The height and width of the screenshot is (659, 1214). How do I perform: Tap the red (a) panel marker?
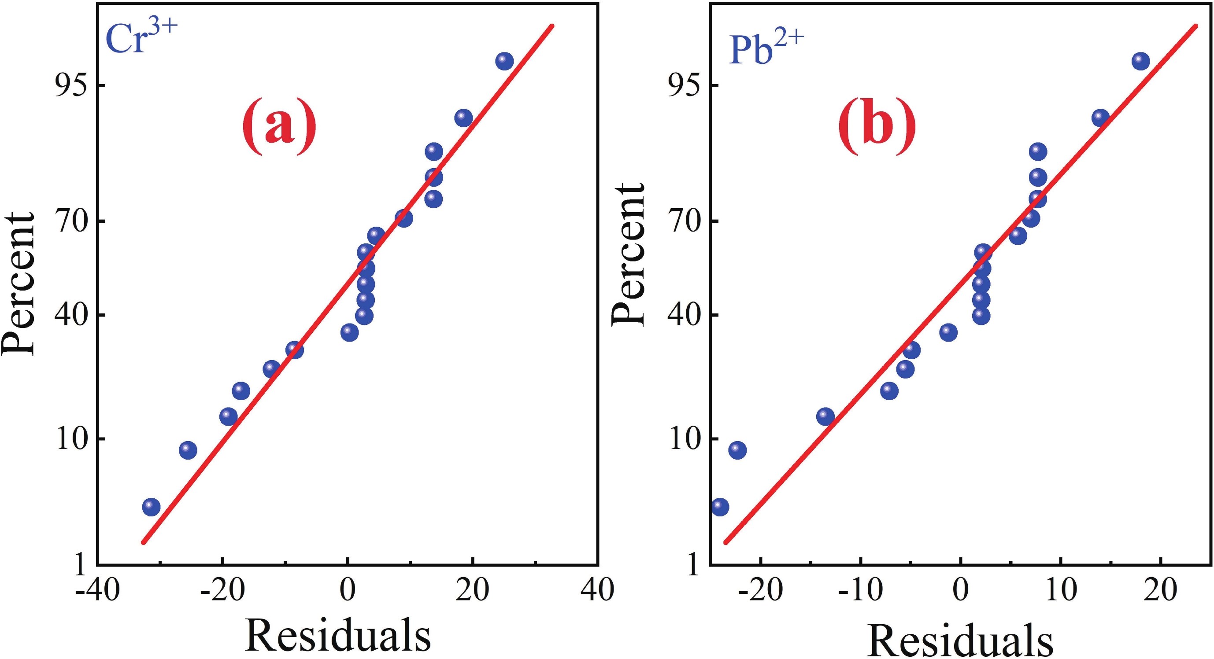point(278,127)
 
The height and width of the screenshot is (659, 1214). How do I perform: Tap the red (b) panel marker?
point(877,127)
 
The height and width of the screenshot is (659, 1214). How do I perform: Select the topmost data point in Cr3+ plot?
point(504,61)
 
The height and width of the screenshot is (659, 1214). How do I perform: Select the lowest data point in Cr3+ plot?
point(151,507)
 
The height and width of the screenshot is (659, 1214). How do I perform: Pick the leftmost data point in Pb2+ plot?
point(720,507)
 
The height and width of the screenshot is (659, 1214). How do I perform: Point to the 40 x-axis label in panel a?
point(597,589)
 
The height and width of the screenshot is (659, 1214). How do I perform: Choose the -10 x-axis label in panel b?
point(860,589)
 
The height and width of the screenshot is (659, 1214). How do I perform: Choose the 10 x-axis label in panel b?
point(1061,589)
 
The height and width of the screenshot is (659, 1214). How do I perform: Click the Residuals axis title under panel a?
point(337,635)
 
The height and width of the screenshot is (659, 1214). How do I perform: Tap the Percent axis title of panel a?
point(19,283)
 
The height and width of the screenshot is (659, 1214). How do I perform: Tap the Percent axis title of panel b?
point(628,254)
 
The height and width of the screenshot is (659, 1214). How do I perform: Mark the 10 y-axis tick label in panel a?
point(72,439)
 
